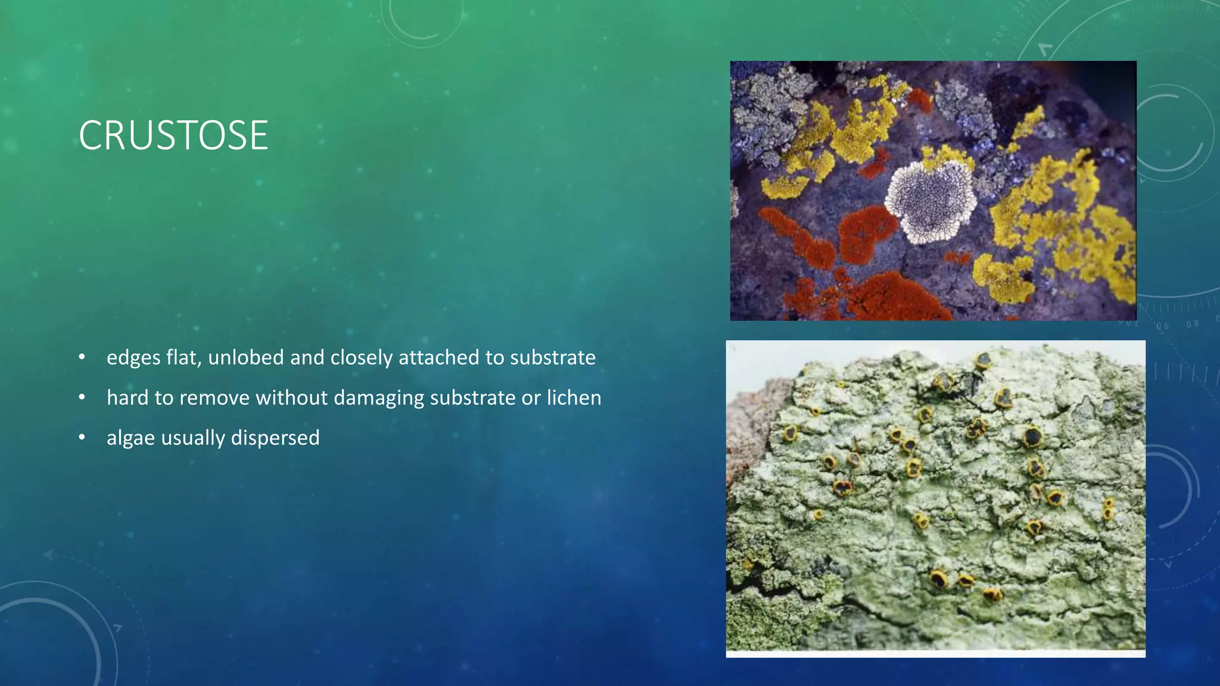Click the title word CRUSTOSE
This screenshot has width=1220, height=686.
tap(173, 136)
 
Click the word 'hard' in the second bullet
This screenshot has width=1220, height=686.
tap(127, 397)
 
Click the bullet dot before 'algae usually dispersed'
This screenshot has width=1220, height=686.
tap(82, 438)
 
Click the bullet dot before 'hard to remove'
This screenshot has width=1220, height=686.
tap(82, 397)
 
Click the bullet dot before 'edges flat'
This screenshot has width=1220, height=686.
tap(82, 357)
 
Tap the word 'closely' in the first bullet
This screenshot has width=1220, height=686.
tap(362, 357)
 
